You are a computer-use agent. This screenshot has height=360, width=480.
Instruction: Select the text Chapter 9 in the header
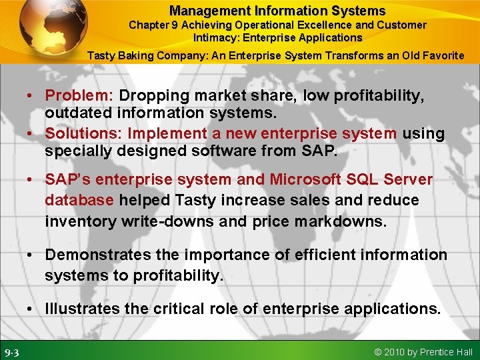(x=154, y=25)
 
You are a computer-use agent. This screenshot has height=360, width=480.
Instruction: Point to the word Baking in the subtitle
(x=137, y=55)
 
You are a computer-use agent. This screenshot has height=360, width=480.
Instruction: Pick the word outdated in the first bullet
(x=75, y=115)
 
